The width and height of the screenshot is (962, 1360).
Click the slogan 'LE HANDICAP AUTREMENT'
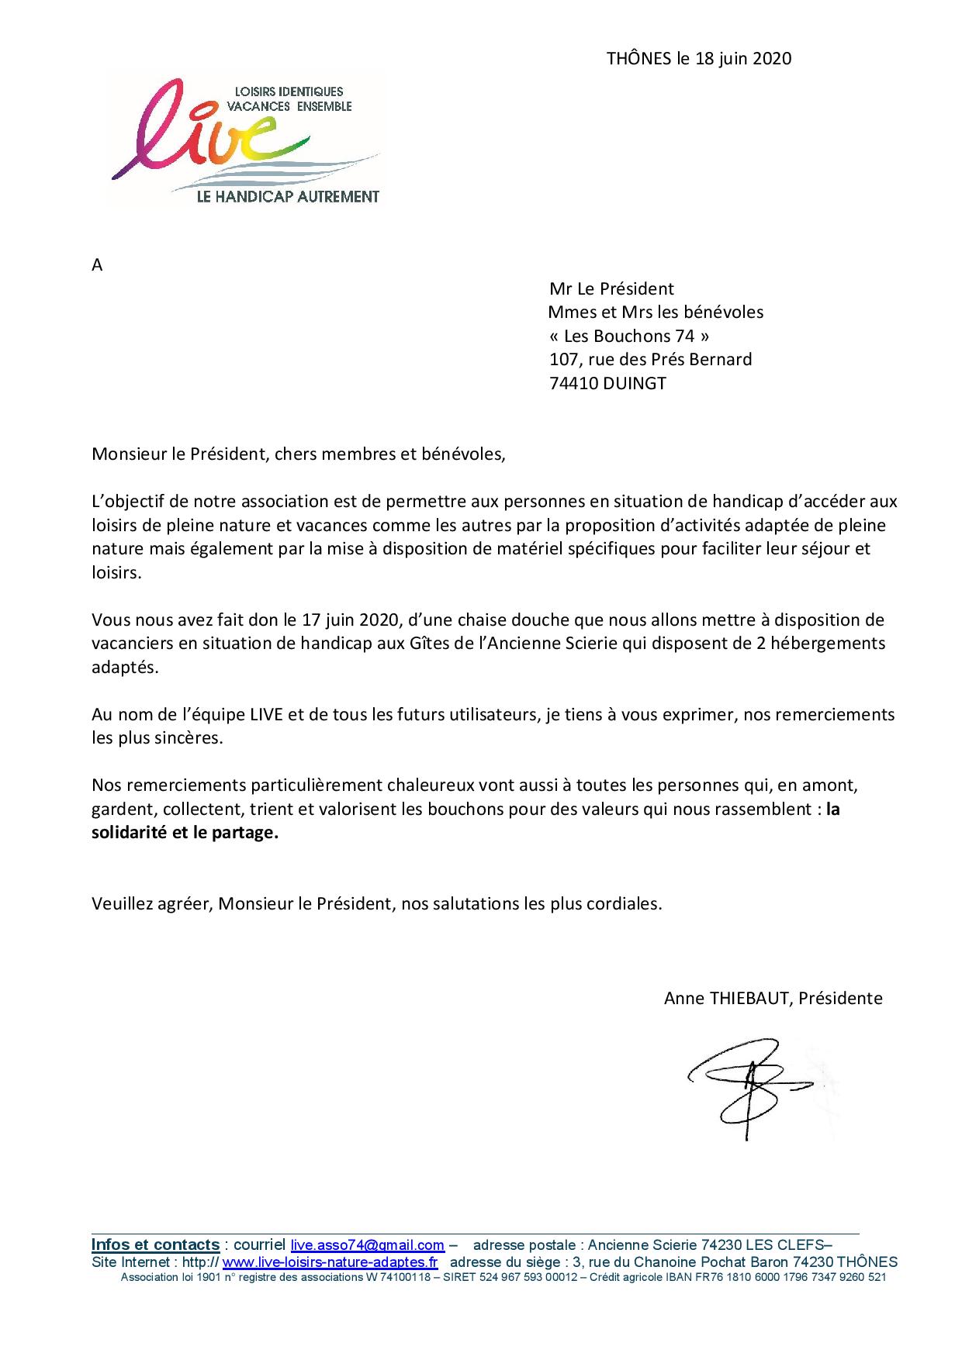[288, 197]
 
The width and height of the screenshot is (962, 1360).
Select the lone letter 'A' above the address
[97, 265]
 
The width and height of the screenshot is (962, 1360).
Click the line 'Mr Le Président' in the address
[611, 289]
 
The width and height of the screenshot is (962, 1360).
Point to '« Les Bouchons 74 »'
[628, 337]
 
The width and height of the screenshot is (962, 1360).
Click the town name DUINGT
[634, 384]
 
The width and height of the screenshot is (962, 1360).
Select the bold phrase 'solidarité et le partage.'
[185, 833]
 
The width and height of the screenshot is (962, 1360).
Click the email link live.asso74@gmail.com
[367, 1245]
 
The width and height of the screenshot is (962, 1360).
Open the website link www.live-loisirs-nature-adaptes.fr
[330, 1262]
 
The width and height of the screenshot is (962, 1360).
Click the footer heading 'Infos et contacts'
[155, 1245]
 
